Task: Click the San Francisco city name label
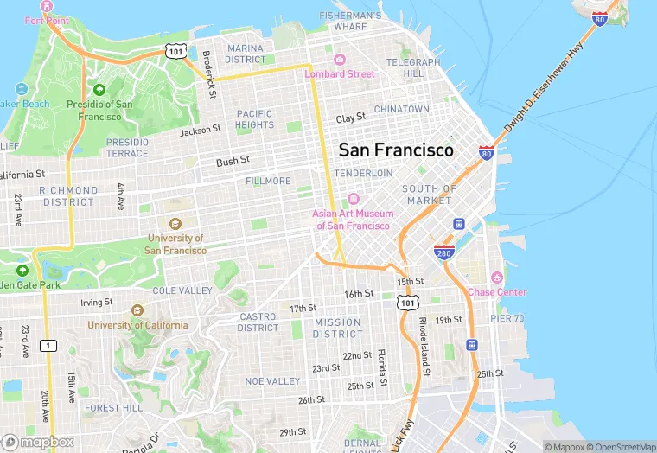tap(395, 150)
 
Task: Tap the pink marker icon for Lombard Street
tap(339, 60)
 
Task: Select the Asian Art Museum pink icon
tap(353, 199)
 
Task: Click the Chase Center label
tap(496, 292)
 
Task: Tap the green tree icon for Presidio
tap(99, 89)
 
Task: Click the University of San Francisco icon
tap(175, 225)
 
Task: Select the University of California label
tap(137, 325)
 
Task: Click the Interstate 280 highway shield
tap(444, 252)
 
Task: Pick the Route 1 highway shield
tap(49, 345)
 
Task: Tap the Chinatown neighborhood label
tap(401, 110)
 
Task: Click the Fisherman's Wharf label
tap(350, 21)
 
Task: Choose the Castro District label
tap(258, 322)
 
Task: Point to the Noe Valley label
tap(272, 381)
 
